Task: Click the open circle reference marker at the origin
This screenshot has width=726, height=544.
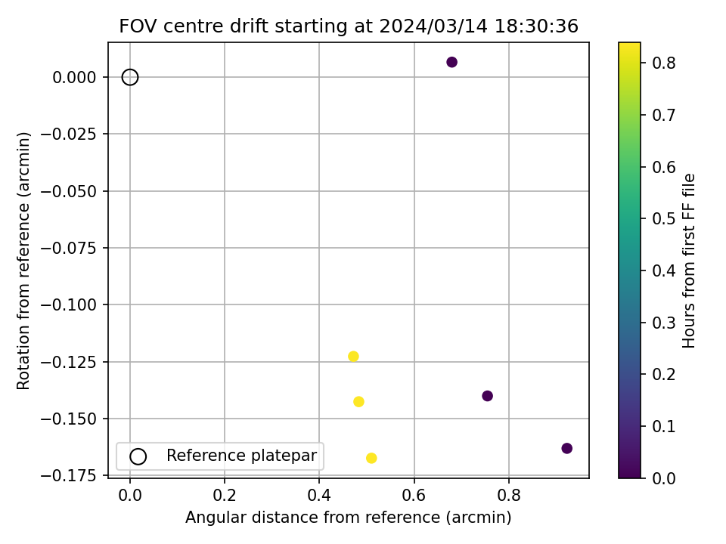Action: [130, 77]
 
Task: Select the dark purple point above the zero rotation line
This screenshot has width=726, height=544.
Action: [451, 62]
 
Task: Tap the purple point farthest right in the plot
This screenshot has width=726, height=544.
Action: [567, 448]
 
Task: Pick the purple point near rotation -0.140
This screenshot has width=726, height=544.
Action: [487, 396]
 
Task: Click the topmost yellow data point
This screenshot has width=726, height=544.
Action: [353, 357]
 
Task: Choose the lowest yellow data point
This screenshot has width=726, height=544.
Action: [371, 458]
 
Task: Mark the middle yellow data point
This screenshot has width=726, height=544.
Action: [358, 402]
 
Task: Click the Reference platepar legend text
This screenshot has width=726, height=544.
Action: [241, 456]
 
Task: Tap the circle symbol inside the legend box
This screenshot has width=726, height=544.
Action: [138, 456]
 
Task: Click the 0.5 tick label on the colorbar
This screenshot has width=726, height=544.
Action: [664, 218]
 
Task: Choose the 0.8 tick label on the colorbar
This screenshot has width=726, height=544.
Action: [664, 62]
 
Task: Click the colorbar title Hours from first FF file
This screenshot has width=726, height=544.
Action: [689, 261]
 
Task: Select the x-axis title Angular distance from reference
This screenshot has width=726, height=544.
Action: [349, 518]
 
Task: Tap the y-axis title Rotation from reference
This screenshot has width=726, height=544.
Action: [24, 261]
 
